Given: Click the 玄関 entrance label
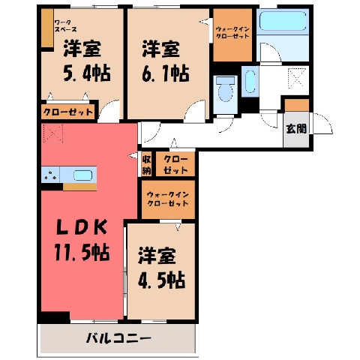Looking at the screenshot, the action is pos(296,129).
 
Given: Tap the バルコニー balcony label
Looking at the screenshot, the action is pos(118,339).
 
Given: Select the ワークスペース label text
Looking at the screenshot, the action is pos(65,26).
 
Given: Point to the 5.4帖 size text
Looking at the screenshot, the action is pos(87,73).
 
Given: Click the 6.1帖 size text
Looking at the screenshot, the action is pos(166,73).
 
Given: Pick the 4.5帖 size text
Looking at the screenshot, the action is pos(161,280).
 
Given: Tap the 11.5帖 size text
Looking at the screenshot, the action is pos(82,253).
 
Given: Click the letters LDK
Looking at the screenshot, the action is pos(82,227).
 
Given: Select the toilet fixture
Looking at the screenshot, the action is pos(225,90).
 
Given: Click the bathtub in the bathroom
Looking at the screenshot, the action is pos(283,21).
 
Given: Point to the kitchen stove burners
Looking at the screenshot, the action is pos(51,175).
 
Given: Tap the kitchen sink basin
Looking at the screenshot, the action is pos(83,175).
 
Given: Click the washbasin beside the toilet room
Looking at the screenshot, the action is pos(250,81).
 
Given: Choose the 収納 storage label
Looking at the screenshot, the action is pos(147,165).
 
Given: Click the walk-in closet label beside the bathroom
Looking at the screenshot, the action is pos(232,32).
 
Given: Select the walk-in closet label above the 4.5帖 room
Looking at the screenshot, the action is pos(168,199).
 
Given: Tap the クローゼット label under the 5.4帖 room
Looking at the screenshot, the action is pos(68,112).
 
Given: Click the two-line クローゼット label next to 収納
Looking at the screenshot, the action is pos(175,165).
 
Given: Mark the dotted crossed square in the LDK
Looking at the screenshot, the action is pos(53,133).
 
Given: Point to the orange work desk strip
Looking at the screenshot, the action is pos(47,28).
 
